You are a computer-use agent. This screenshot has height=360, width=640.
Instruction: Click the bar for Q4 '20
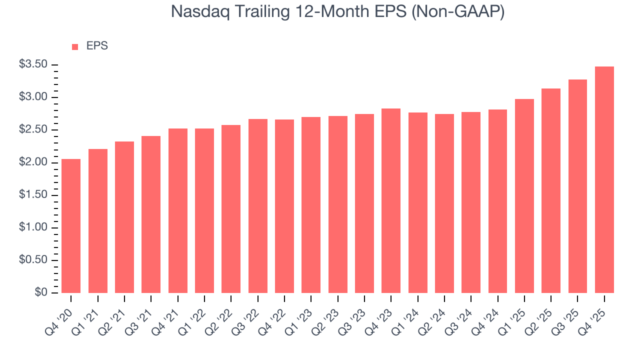click(71, 226)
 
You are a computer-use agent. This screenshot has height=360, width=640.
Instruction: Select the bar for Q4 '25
click(604, 180)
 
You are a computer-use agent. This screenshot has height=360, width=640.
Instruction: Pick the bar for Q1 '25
click(524, 196)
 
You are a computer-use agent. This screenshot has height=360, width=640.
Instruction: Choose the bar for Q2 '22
click(231, 209)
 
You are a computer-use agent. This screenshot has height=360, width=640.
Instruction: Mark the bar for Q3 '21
click(151, 214)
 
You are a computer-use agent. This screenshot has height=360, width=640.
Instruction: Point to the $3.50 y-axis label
click(33, 64)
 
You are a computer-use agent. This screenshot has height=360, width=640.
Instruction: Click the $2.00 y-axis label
click(33, 162)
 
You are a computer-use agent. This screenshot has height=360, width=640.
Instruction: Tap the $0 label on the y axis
click(41, 292)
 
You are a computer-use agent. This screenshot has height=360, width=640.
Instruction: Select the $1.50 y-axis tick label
click(33, 195)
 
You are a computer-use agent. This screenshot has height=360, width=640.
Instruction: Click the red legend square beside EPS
click(75, 46)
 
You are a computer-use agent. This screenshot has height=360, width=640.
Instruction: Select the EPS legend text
click(97, 46)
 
